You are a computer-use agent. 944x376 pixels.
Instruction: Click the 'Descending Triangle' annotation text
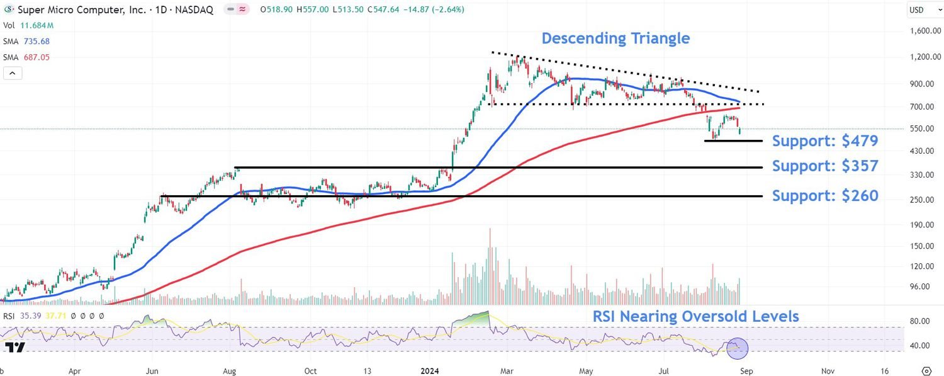pos(615,38)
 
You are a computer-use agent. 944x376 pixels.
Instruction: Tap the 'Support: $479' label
pos(824,141)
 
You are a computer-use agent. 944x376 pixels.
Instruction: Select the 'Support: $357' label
pos(824,166)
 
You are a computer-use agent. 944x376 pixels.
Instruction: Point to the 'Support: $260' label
pos(824,196)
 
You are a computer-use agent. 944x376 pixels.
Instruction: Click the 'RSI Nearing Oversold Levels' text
pos(695,316)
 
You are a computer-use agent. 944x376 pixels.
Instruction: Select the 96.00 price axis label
pos(919,287)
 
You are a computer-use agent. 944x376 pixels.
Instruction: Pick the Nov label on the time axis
pos(828,372)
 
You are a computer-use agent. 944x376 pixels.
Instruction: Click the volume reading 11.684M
pos(37,25)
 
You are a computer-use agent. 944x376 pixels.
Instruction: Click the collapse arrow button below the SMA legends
pos(13,73)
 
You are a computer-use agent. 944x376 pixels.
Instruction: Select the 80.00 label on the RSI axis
pos(920,321)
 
